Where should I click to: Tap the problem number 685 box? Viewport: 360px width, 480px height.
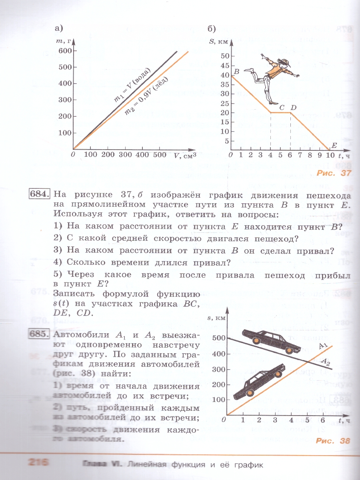[x=40, y=334]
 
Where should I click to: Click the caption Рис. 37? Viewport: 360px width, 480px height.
[x=333, y=173]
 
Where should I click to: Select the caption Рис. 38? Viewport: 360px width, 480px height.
[x=333, y=441]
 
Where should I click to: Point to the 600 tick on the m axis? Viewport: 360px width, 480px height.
[x=64, y=50]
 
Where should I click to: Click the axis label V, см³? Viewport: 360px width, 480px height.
[x=186, y=155]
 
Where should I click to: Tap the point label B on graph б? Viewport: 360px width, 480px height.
[x=236, y=72]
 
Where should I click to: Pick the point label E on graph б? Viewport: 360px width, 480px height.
[x=334, y=145]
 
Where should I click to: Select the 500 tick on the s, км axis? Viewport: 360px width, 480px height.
[x=217, y=338]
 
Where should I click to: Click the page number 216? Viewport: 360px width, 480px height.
[x=38, y=463]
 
